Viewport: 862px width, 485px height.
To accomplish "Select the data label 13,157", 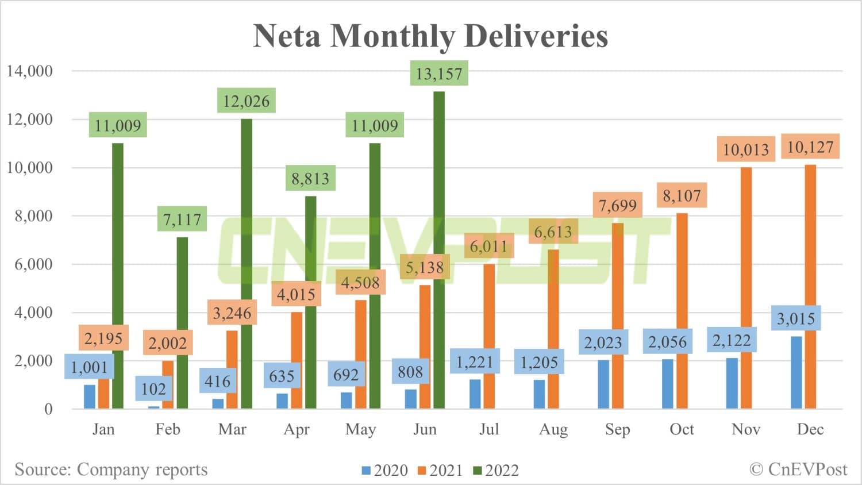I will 439,74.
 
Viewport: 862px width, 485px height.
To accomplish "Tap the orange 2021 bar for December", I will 810,287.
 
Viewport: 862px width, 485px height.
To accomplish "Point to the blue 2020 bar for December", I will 796,374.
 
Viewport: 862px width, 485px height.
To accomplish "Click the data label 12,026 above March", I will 246,101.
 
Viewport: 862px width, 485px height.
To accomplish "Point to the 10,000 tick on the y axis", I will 29,168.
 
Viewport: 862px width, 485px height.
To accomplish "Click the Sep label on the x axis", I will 617,429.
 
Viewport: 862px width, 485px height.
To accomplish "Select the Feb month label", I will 168,429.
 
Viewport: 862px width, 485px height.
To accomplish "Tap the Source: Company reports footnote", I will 111,469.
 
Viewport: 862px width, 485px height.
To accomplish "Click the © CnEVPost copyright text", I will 798,469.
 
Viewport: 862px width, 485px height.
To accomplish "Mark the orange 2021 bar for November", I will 746,287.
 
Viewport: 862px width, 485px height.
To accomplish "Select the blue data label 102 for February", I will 153,389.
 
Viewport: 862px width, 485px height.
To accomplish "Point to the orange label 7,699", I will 617,205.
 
